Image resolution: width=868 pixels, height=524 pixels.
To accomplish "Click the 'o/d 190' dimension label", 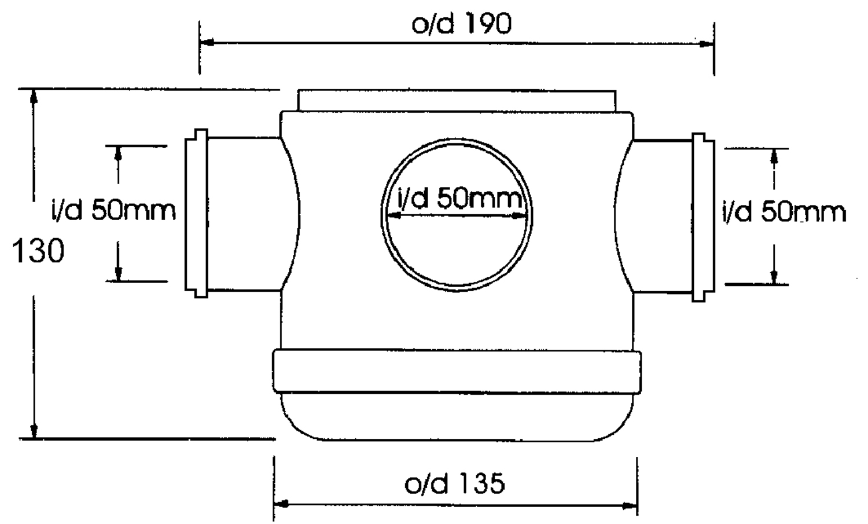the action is (x=461, y=24).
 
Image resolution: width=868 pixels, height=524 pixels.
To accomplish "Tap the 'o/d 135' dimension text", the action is (x=454, y=483).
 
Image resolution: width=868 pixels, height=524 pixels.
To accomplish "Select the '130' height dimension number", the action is (x=38, y=251).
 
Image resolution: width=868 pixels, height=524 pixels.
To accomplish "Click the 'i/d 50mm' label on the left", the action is (x=113, y=210).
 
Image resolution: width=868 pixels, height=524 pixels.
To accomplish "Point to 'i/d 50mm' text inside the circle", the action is (x=460, y=197).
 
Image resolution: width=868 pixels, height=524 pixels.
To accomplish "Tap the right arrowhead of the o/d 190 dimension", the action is (x=707, y=44).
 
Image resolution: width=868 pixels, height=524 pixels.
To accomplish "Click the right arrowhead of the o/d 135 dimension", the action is (x=630, y=506).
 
